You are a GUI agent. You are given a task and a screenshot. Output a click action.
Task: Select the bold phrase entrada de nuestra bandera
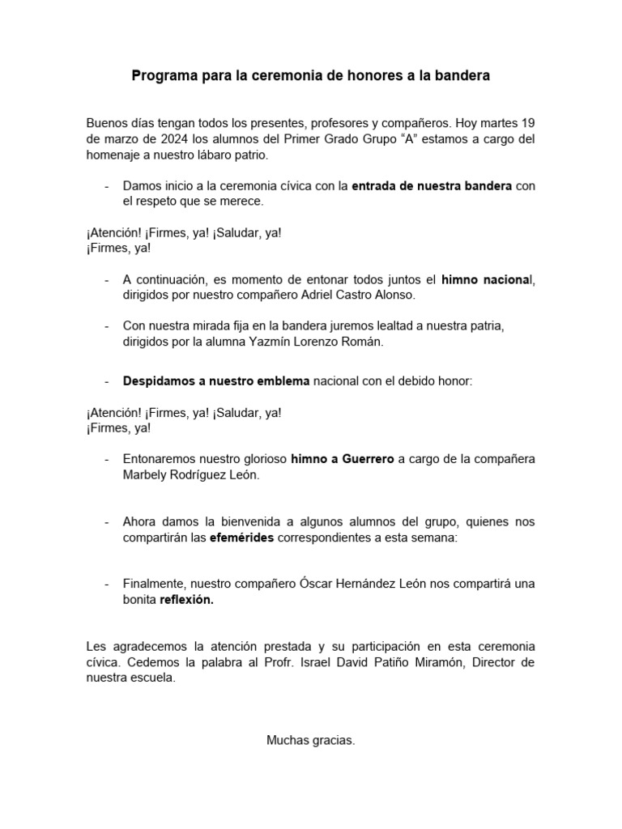432,185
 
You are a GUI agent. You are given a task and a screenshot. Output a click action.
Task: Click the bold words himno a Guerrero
342,459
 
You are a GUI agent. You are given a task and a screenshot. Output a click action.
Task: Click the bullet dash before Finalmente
107,584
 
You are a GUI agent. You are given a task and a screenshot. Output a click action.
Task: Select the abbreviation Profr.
313,662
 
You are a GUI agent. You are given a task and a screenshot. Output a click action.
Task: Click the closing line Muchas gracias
311,740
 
